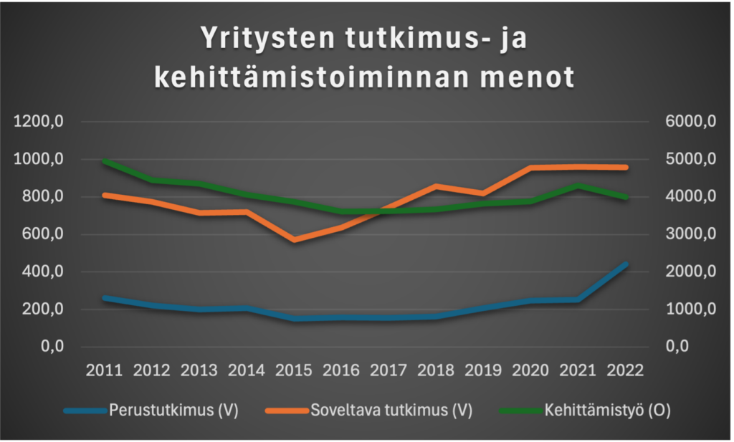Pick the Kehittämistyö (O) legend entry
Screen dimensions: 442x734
pos(606,410)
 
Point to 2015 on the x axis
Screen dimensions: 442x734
pos(294,370)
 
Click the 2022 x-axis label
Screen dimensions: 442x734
pos(625,370)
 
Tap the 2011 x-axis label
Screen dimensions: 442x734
pos(105,370)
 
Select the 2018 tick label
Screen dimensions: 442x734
pos(436,370)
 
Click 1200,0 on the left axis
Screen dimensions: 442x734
pos(40,122)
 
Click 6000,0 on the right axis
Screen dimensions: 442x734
pos(692,122)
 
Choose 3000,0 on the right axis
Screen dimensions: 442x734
pos(692,234)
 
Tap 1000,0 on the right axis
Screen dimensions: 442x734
pos(692,309)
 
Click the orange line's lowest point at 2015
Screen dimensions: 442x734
pos(294,239)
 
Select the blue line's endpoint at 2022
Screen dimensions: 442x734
pos(625,264)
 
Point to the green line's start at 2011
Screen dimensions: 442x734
pos(105,162)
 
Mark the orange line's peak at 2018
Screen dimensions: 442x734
pos(436,186)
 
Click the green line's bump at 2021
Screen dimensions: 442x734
pos(578,186)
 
